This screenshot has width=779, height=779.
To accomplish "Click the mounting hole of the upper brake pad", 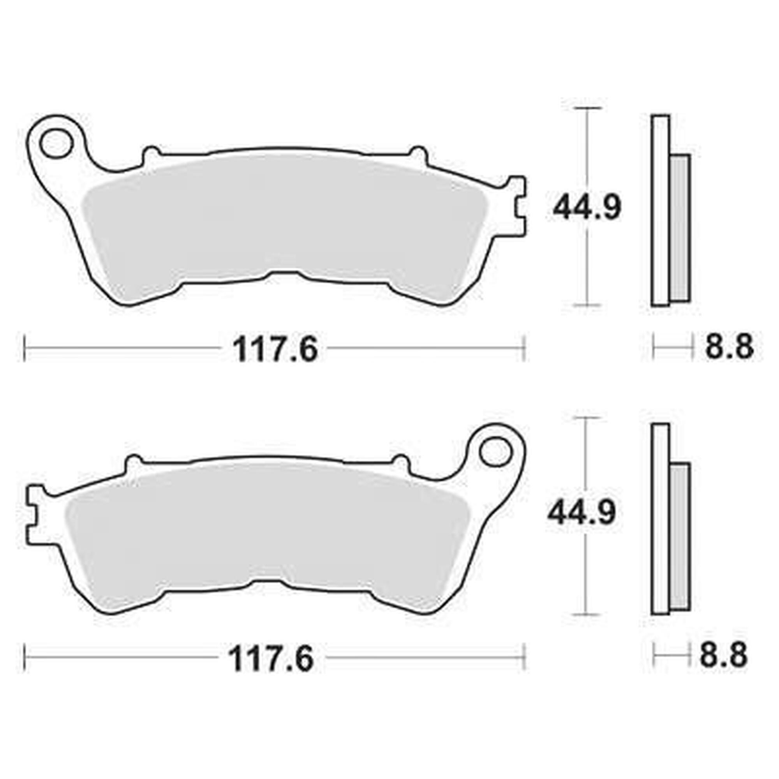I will point(55,143).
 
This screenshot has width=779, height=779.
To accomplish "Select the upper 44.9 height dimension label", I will point(587,208).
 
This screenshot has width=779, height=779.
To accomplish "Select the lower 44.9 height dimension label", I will point(581,513).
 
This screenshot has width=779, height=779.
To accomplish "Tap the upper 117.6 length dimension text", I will point(275,350).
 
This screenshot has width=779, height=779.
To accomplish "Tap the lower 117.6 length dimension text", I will point(271,660).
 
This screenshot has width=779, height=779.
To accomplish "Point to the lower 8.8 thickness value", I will point(723,656).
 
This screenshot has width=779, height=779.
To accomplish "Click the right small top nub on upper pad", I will point(418,154).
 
